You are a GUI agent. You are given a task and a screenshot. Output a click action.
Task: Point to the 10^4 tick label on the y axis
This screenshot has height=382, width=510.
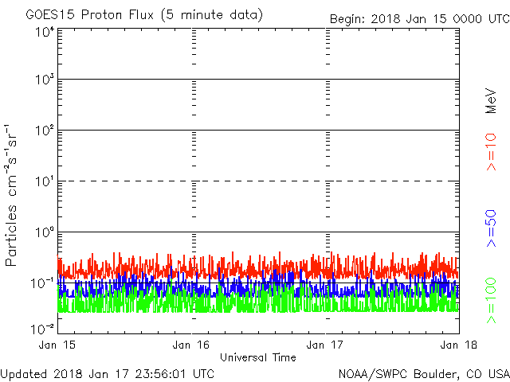45,33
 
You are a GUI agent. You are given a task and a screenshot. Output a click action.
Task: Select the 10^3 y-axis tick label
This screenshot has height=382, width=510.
45,80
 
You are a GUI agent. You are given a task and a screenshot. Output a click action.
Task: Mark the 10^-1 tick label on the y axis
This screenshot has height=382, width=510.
43,283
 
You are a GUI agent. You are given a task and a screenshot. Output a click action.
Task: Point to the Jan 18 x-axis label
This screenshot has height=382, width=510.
457,345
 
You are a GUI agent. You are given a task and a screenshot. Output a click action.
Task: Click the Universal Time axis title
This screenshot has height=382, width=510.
257,357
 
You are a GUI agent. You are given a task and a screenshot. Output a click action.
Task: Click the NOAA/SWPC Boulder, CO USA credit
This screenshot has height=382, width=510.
423,373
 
